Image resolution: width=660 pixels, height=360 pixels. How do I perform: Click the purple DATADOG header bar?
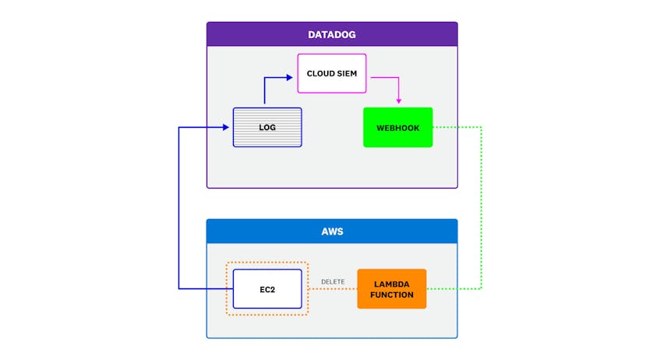click(331, 34)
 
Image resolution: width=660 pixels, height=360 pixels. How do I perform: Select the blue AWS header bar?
click(331, 231)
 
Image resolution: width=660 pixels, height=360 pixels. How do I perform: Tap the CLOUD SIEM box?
click(332, 73)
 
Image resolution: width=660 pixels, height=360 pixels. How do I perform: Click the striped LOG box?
click(267, 127)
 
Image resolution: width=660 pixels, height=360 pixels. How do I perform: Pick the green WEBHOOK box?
click(397, 127)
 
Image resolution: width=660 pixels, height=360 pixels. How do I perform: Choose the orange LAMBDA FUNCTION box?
click(392, 289)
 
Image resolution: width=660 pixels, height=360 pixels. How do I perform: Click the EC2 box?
click(266, 289)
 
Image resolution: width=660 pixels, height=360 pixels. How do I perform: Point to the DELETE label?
click(333, 281)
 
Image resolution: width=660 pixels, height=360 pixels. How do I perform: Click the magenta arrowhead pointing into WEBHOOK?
click(399, 101)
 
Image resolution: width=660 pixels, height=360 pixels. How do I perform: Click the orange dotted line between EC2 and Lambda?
click(333, 289)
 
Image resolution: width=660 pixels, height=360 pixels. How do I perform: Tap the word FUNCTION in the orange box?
click(392, 295)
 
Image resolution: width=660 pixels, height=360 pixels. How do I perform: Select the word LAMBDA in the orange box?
click(392, 284)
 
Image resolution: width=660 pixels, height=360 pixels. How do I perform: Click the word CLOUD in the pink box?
click(319, 73)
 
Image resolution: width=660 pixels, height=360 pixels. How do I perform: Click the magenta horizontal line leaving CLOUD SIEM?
click(383, 77)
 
